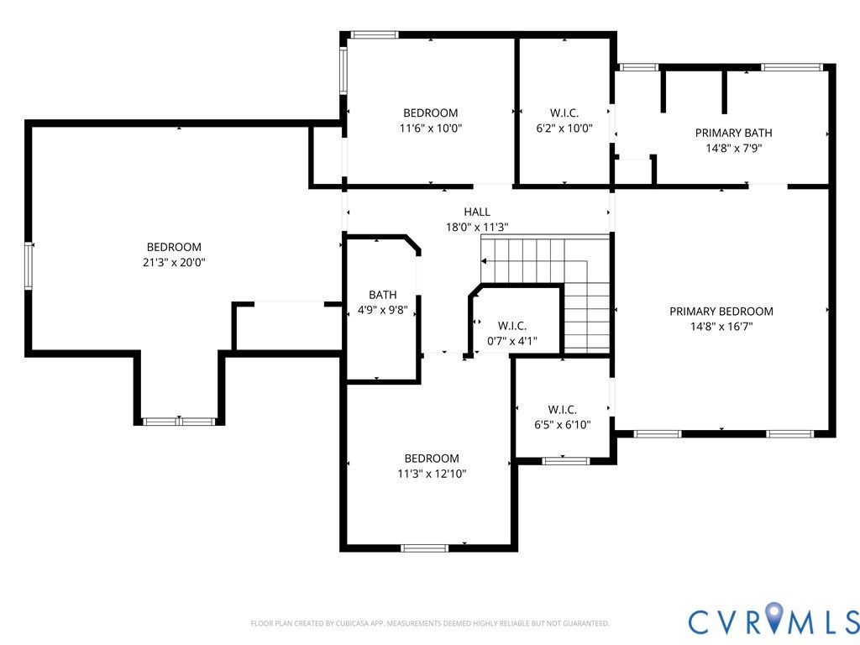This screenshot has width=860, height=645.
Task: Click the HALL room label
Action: tap(476, 212)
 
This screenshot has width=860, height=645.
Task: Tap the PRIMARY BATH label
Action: tap(733, 133)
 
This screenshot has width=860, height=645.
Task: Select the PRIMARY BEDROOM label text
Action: tap(721, 312)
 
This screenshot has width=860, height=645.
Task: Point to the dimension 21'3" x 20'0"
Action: tap(174, 262)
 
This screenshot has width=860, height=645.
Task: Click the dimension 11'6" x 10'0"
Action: tap(431, 128)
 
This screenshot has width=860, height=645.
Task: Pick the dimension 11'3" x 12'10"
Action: tap(432, 474)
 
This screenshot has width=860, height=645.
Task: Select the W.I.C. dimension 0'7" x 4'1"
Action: tap(512, 341)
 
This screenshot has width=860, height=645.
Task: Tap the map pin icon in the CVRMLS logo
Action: tap(773, 619)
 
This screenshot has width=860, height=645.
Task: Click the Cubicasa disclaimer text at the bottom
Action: tap(429, 624)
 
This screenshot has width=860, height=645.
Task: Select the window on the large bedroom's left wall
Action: tap(29, 265)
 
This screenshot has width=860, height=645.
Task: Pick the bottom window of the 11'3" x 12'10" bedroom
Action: tap(424, 548)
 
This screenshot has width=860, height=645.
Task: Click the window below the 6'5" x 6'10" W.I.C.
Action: tap(565, 460)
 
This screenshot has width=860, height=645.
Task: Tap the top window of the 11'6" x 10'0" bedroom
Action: tap(374, 34)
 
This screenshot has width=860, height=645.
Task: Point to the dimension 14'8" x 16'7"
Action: tap(721, 327)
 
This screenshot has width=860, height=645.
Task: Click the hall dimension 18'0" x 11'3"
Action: tap(476, 227)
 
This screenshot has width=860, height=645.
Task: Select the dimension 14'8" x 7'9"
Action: tap(733, 148)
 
